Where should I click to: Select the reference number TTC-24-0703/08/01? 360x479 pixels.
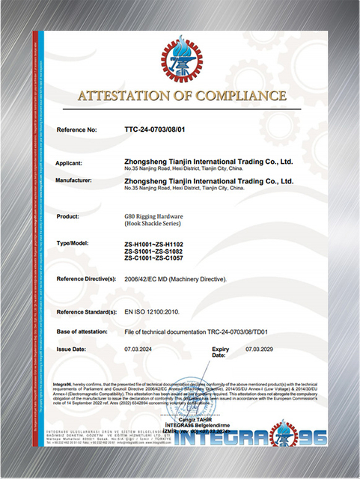click(157, 130)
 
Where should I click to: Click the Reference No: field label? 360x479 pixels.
click(78, 130)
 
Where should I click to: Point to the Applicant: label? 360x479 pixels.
click(74, 162)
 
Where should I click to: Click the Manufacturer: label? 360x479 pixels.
click(79, 180)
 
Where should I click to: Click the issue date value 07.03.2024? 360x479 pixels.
click(139, 350)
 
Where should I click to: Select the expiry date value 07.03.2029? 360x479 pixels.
click(261, 350)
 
